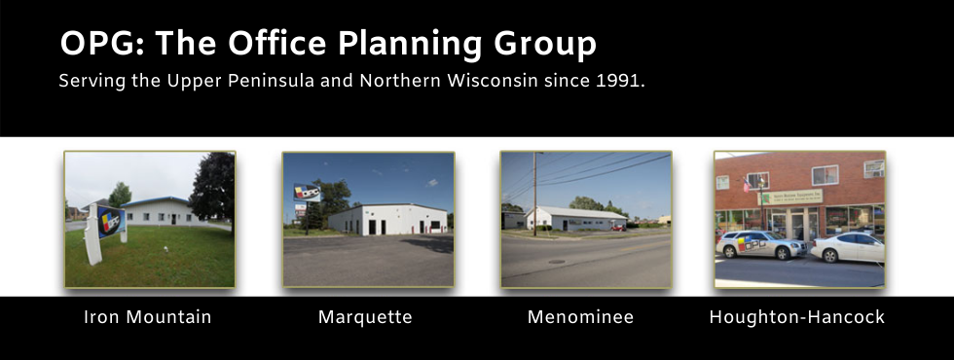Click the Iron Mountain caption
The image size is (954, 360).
148,317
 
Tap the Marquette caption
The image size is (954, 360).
365,317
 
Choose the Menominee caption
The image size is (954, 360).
580,317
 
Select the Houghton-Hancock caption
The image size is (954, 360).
796,317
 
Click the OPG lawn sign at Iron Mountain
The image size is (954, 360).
109,223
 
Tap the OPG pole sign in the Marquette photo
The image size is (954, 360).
307,193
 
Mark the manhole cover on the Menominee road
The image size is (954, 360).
556,261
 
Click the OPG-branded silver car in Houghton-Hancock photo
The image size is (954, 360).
760,244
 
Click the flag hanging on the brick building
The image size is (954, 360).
748,184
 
